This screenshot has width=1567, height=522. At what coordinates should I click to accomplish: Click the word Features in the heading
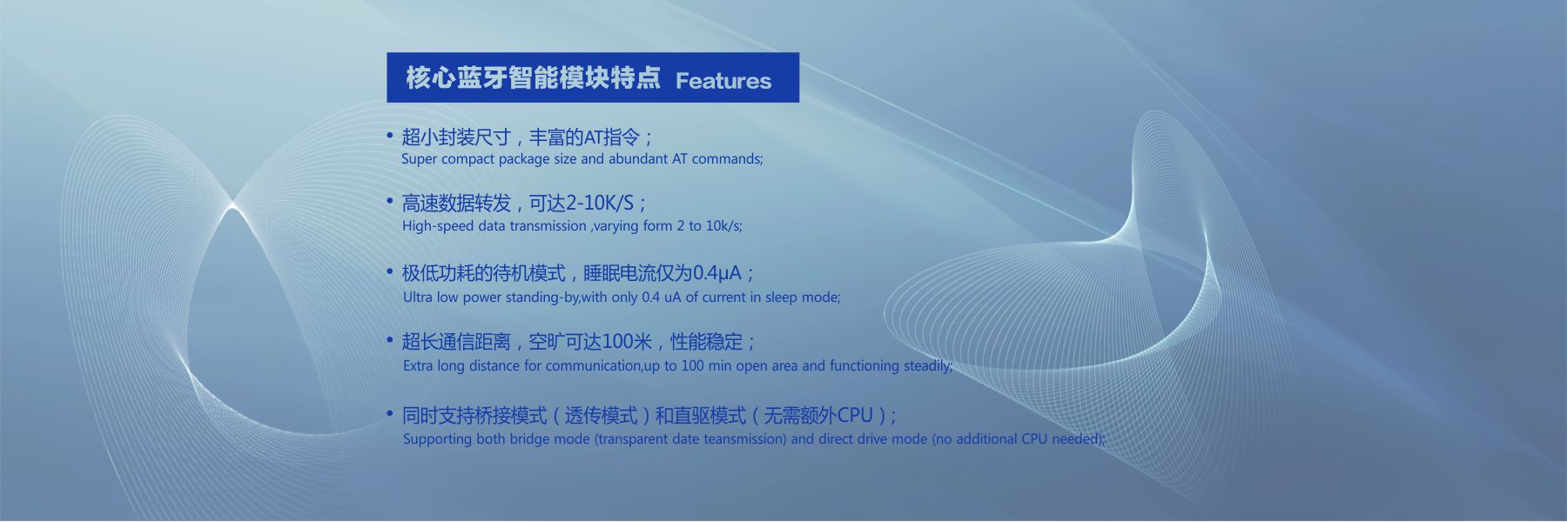723,81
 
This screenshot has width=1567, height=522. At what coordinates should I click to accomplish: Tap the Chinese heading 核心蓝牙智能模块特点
533,78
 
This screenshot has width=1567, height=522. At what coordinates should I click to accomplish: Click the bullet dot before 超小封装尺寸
390,136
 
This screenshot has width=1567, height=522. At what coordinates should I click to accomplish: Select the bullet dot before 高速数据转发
390,202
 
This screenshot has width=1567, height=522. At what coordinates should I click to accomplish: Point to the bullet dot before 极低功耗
390,271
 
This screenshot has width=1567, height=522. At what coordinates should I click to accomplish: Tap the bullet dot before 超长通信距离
390,340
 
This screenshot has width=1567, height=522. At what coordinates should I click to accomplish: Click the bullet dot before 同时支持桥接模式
390,414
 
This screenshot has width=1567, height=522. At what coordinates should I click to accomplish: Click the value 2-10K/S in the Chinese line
600,204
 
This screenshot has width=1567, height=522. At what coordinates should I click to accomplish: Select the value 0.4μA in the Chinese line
717,274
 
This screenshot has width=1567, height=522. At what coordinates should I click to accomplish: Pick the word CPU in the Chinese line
854,416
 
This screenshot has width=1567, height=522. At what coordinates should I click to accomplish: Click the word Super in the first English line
420,159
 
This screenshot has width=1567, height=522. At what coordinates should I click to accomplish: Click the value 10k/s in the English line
723,226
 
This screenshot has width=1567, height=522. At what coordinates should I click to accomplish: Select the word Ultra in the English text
418,298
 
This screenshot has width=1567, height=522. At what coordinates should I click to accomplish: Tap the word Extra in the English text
418,366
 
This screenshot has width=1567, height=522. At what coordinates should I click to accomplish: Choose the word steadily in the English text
927,366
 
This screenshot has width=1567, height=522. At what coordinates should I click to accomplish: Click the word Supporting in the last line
437,439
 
